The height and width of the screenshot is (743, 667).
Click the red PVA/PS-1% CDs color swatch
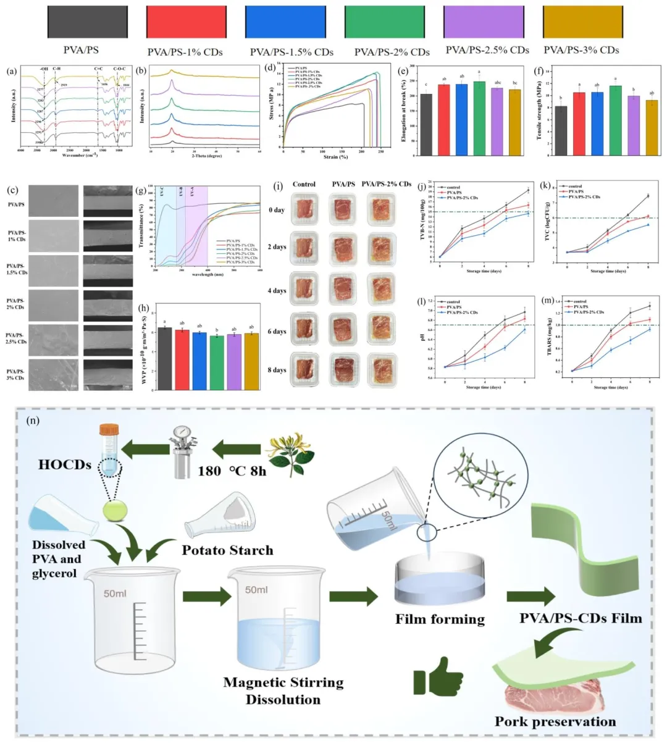184,22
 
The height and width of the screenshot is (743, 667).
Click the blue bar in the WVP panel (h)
199,361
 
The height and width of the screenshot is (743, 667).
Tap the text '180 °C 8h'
232,471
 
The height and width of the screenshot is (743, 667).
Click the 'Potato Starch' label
228,550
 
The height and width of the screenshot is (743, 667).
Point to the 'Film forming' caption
440,618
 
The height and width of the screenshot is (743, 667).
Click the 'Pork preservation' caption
555,721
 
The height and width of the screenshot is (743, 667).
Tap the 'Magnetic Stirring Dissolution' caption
283,691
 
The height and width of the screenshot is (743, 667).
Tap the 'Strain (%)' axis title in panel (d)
335,157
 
